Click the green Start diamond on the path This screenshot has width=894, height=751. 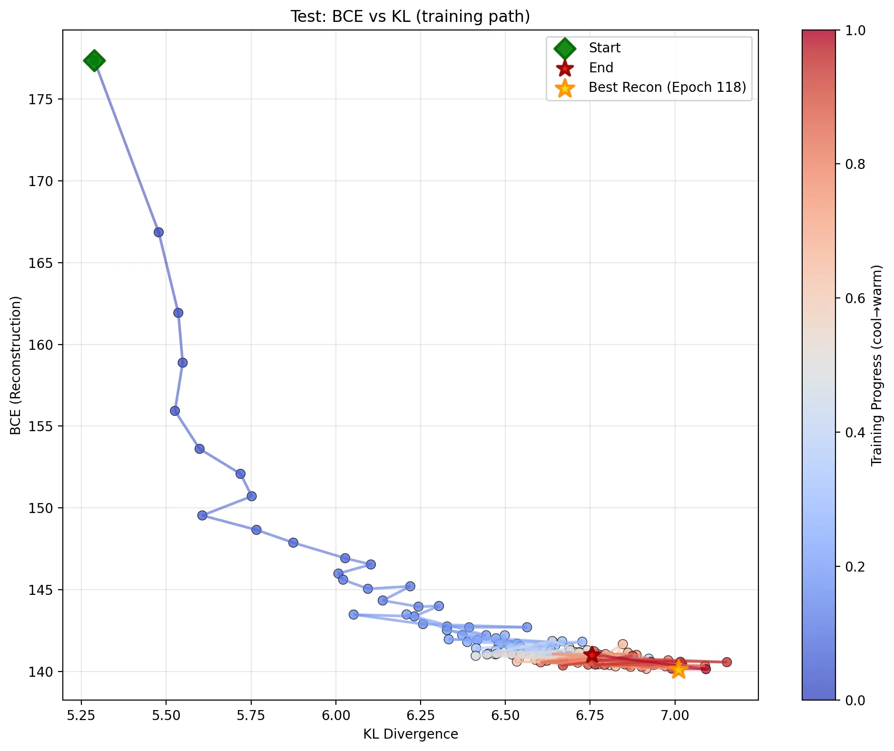click(94, 60)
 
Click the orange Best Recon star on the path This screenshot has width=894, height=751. click(678, 669)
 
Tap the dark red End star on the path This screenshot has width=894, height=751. click(592, 655)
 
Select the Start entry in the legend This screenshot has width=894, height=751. click(604, 48)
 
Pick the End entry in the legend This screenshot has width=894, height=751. click(601, 68)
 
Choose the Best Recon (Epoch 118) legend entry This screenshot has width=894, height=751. click(667, 88)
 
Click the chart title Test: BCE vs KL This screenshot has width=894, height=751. click(410, 17)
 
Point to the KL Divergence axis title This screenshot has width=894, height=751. click(410, 734)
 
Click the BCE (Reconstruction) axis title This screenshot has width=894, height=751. click(16, 365)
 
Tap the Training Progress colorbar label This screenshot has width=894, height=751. click(876, 365)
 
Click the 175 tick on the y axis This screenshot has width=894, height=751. click(43, 99)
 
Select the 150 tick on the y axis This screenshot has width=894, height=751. click(43, 508)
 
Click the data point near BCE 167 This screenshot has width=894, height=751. click(159, 232)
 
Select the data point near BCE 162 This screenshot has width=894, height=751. click(178, 313)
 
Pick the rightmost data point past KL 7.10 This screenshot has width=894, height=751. click(727, 662)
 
